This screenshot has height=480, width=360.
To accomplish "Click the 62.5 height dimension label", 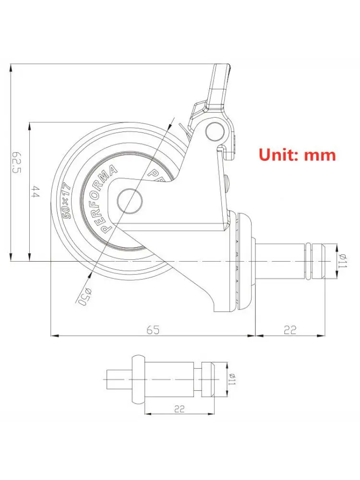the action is (x=16, y=162).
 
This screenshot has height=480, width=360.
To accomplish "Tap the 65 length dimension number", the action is (x=153, y=330).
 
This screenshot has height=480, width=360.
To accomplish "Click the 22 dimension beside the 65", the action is (x=290, y=330).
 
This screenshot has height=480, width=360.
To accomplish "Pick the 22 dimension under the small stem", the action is (x=180, y=408).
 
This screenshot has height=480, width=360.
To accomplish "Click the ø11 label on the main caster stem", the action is (x=343, y=261).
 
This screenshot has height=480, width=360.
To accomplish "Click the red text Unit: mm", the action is (x=297, y=155).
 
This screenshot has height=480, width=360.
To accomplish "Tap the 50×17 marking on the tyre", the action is (x=67, y=201).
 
